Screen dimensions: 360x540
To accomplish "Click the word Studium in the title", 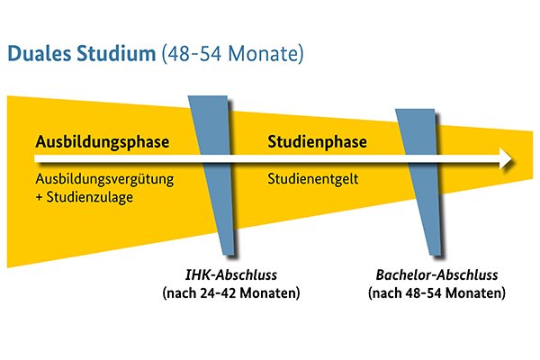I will pyautogui.click(x=116, y=55).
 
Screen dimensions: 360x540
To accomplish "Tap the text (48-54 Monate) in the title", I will pyautogui.click(x=233, y=55).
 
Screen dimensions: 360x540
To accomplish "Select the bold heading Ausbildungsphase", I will pyautogui.click(x=103, y=143).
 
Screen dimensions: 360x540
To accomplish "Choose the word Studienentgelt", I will pyautogui.click(x=314, y=178).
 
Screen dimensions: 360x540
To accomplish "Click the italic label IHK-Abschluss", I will pyautogui.click(x=230, y=275).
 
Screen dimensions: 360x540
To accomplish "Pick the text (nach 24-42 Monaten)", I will pyautogui.click(x=230, y=293).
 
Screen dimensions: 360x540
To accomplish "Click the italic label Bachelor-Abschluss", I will pyautogui.click(x=436, y=275).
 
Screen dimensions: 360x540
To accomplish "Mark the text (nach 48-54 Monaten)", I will pyautogui.click(x=436, y=293).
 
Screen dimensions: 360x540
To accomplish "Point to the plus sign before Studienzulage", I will pyautogui.click(x=40, y=196).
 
